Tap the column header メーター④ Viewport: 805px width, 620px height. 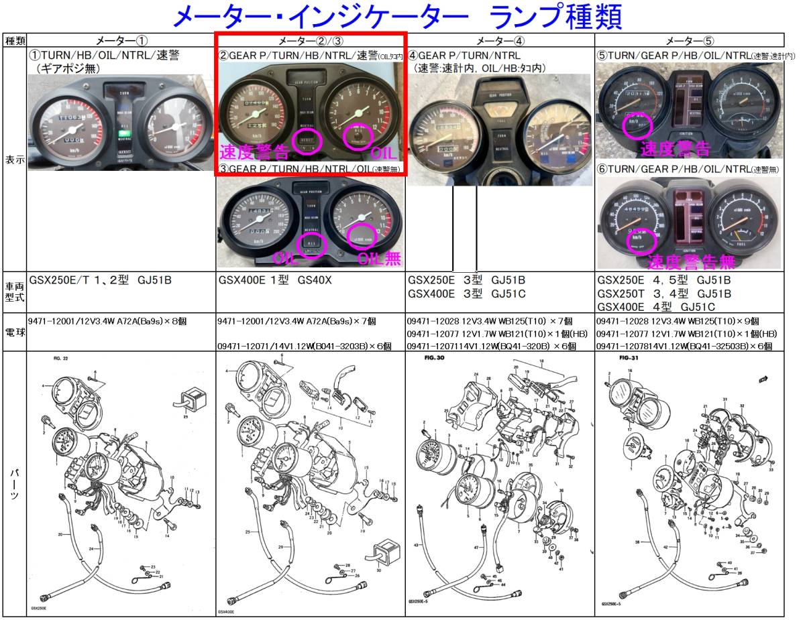coord(500,40)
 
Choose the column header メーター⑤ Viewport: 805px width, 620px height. coord(690,40)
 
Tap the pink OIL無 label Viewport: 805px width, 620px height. coord(377,258)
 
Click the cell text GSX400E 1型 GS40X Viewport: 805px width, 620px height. coord(275,280)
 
